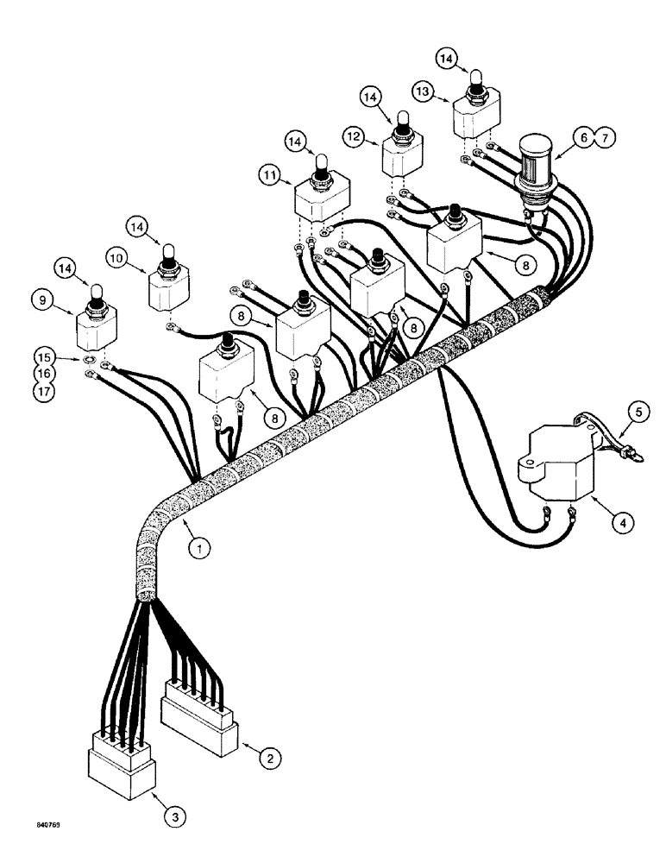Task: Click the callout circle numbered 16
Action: coord(42,373)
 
